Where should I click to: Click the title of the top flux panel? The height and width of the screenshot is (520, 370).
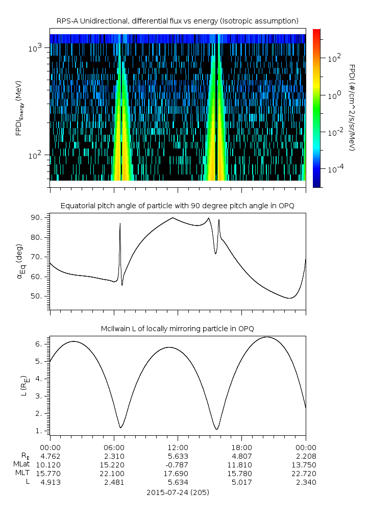(178, 20)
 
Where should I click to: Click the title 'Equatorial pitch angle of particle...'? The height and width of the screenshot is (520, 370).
(178, 206)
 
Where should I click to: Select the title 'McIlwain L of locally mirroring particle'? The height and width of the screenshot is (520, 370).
(178, 328)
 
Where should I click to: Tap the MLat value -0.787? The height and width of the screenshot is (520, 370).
(178, 464)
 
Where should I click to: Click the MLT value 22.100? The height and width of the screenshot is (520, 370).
(114, 473)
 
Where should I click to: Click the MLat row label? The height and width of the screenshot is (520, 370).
(22, 464)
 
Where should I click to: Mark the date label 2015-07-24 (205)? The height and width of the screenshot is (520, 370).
(178, 492)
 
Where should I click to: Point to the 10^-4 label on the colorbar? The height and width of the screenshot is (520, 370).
(335, 168)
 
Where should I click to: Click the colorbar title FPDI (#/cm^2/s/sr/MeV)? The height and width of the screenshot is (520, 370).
(352, 107)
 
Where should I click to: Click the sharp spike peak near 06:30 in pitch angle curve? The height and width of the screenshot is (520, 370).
(120, 224)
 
